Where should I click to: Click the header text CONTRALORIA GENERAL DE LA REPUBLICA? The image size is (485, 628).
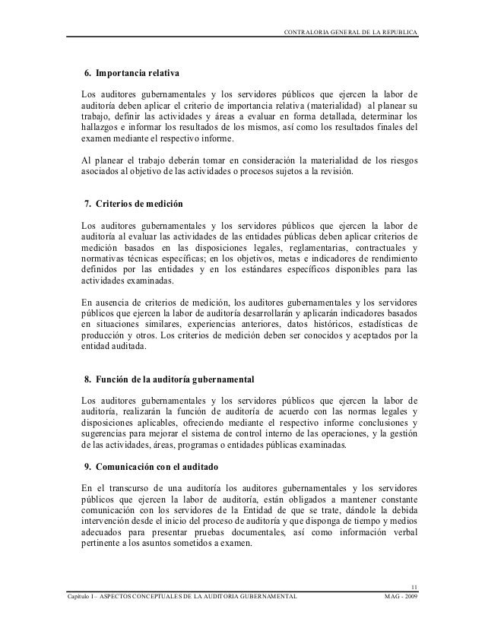pos(350,30)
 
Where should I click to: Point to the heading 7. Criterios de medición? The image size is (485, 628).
pos(132,206)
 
